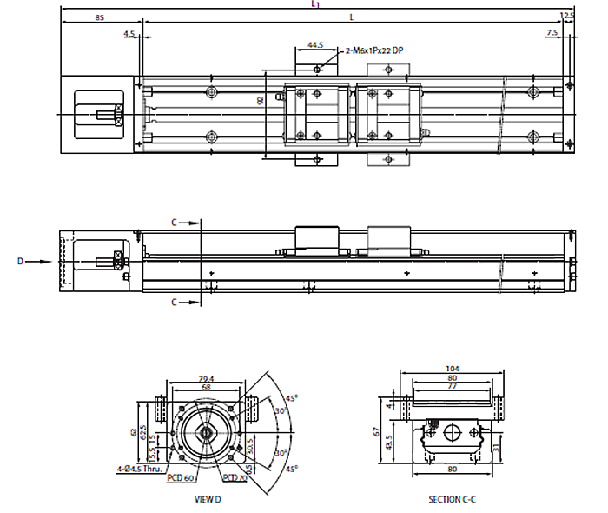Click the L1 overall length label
pyautogui.click(x=315, y=4)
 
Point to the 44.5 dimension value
pyautogui.click(x=314, y=44)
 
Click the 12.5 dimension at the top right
pyautogui.click(x=568, y=16)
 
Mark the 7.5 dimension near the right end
pyautogui.click(x=552, y=33)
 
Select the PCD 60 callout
pyautogui.click(x=181, y=477)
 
